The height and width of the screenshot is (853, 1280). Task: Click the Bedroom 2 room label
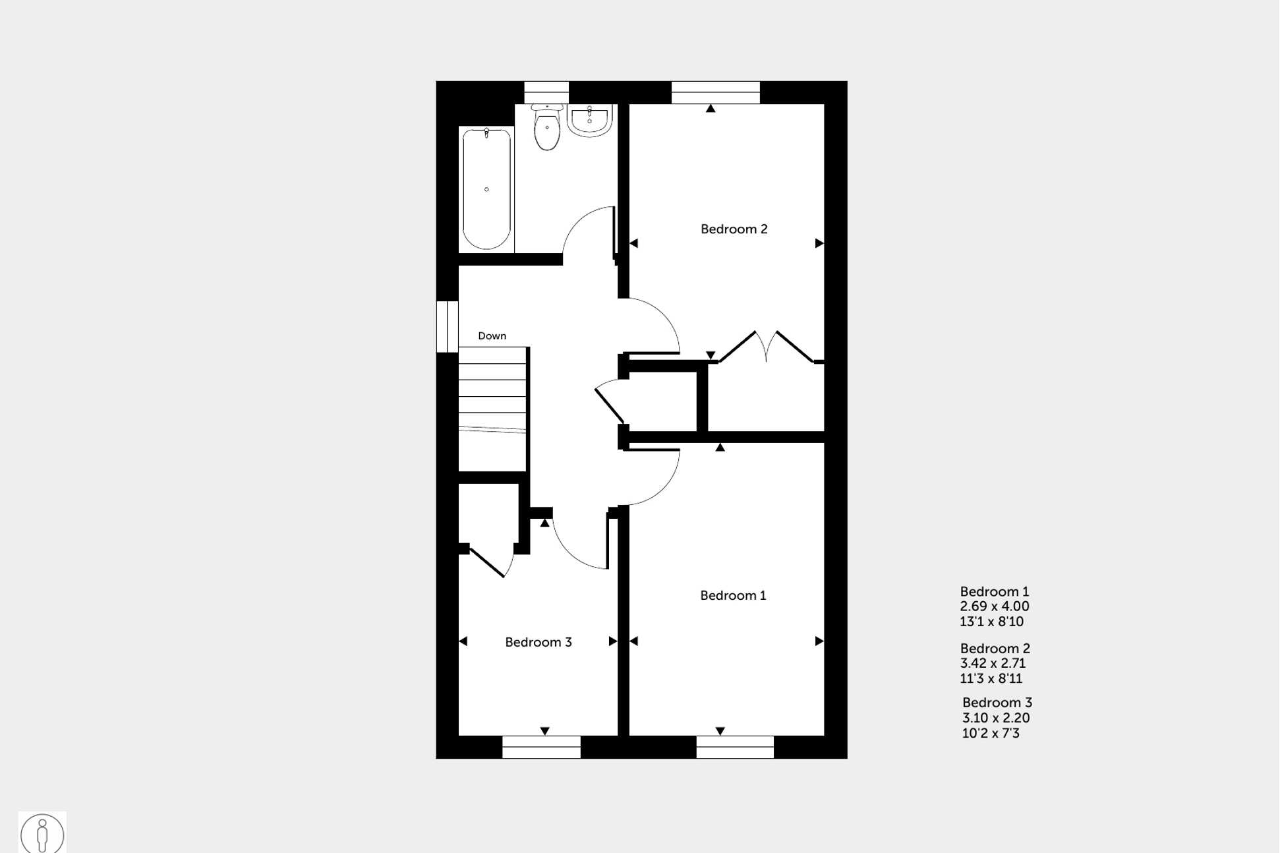click(x=734, y=229)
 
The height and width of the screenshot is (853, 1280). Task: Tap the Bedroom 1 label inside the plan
click(x=733, y=596)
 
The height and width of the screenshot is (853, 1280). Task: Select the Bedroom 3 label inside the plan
click(x=538, y=643)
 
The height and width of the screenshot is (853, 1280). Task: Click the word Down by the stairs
click(x=492, y=336)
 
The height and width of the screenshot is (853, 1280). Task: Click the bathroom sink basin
click(x=589, y=120)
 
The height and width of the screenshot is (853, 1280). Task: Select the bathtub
click(x=486, y=189)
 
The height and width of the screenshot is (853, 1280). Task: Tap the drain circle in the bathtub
click(x=486, y=190)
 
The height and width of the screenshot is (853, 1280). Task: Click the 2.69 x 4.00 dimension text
click(x=994, y=606)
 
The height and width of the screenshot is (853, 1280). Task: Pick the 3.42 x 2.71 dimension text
click(x=993, y=663)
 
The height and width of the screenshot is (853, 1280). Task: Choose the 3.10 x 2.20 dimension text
click(x=995, y=718)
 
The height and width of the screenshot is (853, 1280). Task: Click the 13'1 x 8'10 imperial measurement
click(x=991, y=622)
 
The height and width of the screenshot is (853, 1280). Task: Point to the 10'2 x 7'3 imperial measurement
click(x=990, y=733)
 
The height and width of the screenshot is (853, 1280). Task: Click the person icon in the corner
click(x=42, y=834)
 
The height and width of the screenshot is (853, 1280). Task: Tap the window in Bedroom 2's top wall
click(x=715, y=92)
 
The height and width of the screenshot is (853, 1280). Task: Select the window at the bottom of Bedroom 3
click(x=541, y=747)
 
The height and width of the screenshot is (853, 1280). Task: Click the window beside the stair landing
click(x=447, y=326)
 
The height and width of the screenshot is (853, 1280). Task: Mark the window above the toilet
click(x=546, y=92)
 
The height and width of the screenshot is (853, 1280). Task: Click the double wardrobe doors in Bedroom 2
click(x=766, y=346)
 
